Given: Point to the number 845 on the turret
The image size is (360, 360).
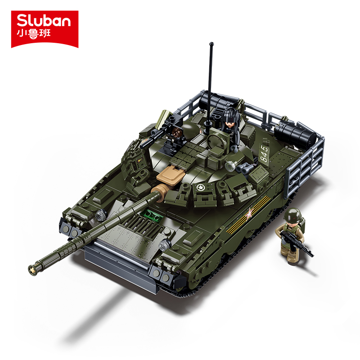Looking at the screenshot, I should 264,153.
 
